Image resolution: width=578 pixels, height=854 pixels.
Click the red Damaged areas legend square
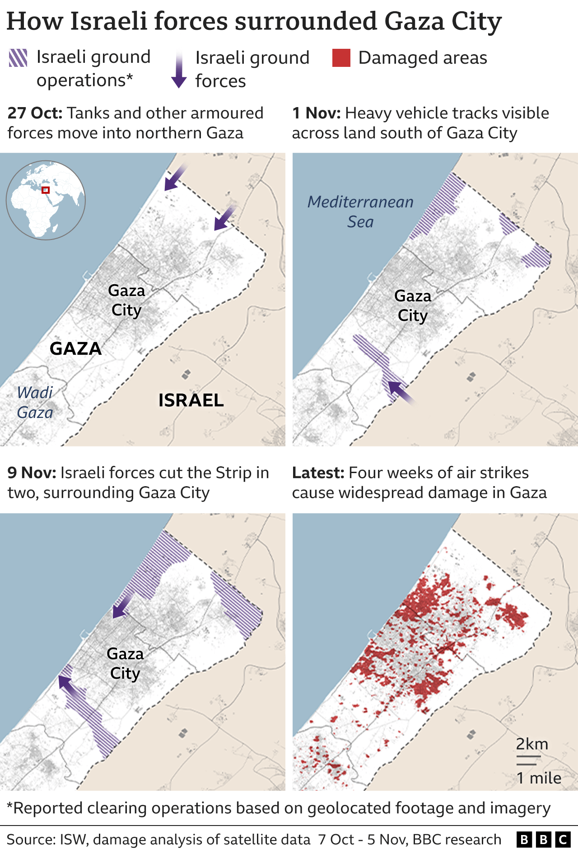(341, 58)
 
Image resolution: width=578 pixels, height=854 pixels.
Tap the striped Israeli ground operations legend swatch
(18, 58)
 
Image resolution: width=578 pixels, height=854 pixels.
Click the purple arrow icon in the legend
(179, 70)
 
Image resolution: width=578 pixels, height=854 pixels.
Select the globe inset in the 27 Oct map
(46, 200)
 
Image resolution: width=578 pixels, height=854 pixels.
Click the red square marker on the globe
(45, 190)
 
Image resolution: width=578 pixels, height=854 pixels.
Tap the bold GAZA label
(75, 348)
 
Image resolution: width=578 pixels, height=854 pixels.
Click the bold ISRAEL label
(191, 400)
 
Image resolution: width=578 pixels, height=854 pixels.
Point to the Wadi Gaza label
(35, 402)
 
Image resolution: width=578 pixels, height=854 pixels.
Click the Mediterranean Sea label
(360, 211)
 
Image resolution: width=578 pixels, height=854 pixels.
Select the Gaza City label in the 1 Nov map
(413, 305)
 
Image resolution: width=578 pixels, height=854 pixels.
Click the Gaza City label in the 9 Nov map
(125, 663)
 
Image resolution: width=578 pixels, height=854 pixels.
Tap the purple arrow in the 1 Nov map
(401, 392)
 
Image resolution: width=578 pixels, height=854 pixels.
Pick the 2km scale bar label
(532, 744)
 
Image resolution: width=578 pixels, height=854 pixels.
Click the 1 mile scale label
(539, 778)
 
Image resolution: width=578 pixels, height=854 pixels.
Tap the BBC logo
(543, 840)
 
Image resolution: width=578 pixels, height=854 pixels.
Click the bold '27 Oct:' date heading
(35, 113)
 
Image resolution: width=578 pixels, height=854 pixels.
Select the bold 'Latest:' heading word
(318, 473)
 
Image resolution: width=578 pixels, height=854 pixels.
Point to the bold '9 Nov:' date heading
(32, 473)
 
